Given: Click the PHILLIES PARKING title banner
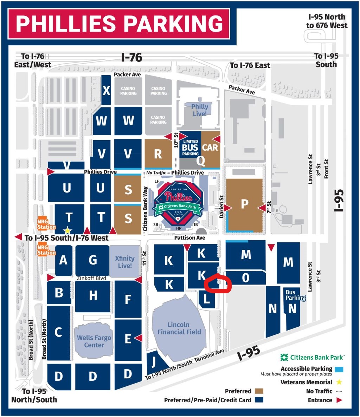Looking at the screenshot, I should (119, 24).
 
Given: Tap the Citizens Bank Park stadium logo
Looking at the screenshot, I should (178, 201).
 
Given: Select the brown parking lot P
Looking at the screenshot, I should (244, 205).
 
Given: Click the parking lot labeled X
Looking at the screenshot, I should (106, 90).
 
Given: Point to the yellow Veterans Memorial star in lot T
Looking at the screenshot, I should (67, 230).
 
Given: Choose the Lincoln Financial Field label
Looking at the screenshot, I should (179, 328).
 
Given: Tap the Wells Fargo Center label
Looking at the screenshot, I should (94, 341).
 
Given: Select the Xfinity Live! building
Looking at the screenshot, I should (125, 262).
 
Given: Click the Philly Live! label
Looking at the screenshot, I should (199, 110).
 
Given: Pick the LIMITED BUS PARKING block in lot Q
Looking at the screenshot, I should (190, 148).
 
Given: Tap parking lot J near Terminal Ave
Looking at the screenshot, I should (153, 362).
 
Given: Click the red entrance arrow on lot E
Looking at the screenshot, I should (138, 338).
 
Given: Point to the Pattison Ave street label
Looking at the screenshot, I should (190, 238).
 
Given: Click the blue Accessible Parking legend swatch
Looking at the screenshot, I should (339, 369).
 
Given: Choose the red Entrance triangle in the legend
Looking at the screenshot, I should (339, 400).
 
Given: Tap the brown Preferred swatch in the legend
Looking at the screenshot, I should (259, 391).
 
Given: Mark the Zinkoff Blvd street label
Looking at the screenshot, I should (91, 278).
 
